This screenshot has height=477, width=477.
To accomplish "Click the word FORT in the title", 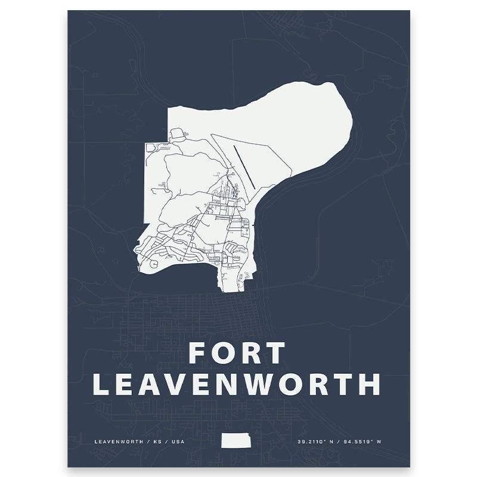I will point(237,353).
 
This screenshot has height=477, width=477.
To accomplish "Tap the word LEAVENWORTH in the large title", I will point(237,384).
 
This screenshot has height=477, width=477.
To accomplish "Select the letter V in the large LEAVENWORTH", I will point(188,384).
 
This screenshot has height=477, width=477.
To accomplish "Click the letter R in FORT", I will point(251,353).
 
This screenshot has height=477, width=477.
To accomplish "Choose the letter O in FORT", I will point(224,353).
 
